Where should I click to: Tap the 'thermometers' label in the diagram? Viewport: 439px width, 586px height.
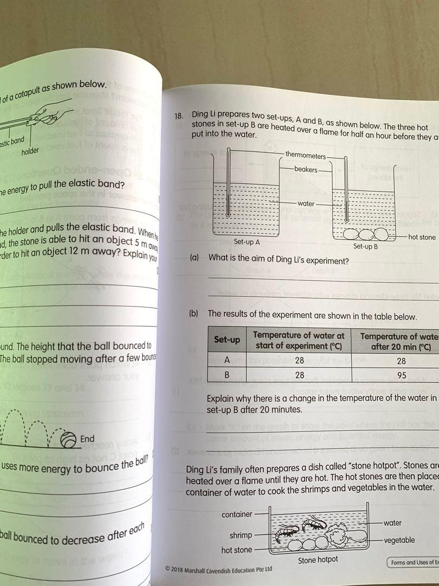coord(305,155)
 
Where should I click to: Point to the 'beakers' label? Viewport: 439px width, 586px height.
coord(306,169)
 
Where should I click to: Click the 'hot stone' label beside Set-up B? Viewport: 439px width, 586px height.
coord(421,237)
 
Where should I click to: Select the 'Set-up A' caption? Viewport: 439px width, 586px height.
coord(247,242)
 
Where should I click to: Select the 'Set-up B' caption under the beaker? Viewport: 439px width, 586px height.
coord(365,246)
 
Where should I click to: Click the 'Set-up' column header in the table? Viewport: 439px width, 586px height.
coord(227,340)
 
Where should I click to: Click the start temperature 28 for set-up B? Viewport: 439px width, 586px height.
coord(299,374)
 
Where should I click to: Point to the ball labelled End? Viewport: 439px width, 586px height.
coord(68,439)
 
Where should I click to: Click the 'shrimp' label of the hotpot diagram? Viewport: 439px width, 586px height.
coord(241,535)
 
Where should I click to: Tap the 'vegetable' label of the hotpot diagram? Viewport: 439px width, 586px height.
coord(399,540)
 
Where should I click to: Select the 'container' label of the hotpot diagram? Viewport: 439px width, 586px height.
coord(237,514)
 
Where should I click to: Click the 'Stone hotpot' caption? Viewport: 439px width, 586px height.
coord(318,559)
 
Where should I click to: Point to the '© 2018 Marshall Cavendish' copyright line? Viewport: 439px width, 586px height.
coord(218,569)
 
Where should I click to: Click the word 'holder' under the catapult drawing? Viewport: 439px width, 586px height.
coord(30,151)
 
